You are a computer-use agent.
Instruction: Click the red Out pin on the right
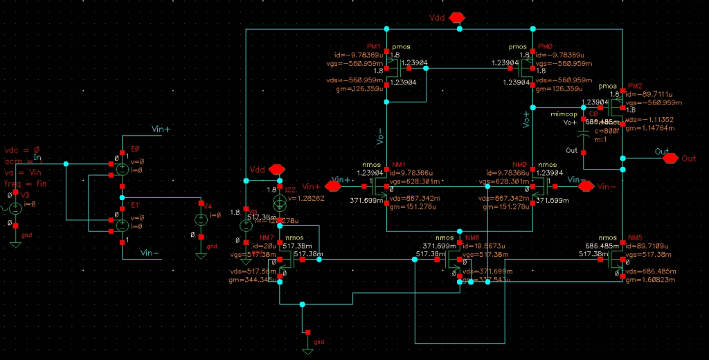(670, 158)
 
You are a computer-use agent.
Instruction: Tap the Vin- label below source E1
(150, 253)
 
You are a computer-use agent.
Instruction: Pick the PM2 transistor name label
(634, 86)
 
